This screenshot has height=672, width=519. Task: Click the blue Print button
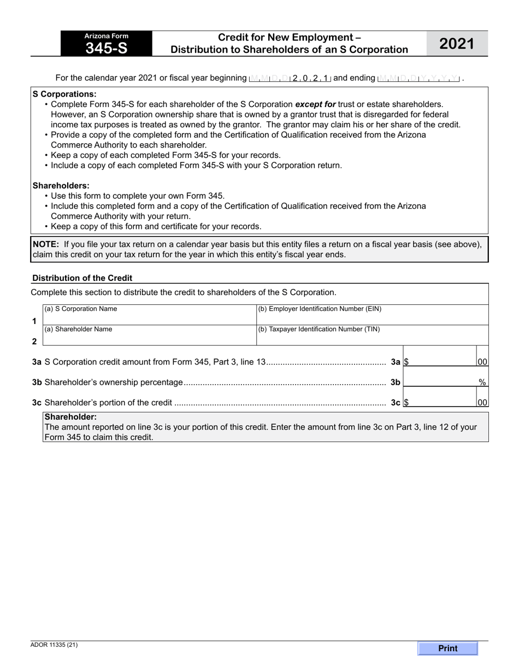click(x=447, y=648)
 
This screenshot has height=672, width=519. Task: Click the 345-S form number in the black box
click(x=107, y=48)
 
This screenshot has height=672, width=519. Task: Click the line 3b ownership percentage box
click(x=440, y=382)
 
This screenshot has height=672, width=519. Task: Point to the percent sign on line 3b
click(x=482, y=382)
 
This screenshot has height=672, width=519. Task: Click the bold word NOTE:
click(x=46, y=244)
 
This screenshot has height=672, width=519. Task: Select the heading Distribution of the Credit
click(x=82, y=278)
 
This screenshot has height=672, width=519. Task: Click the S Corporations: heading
click(x=64, y=94)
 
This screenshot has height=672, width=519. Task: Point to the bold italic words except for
click(x=315, y=104)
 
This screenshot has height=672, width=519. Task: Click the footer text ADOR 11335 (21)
click(x=54, y=645)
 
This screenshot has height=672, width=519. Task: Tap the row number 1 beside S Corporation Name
click(x=34, y=321)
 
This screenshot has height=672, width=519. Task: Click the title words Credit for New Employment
click(x=289, y=38)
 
